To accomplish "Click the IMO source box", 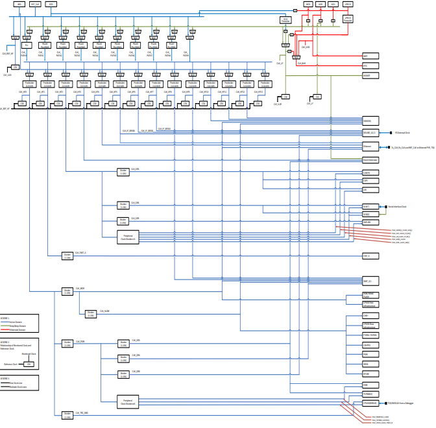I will pos(19,4).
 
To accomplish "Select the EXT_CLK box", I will pos(35,4).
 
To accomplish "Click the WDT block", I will pos(367,56).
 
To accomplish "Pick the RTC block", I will pos(367,65).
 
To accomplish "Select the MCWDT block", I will pos(367,75).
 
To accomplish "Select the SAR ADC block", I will pos(367,222).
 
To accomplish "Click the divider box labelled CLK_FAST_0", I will pos(67,256).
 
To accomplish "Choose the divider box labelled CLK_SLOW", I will pos(91,314).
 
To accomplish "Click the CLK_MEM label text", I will pos(80,288).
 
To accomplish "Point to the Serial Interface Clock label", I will pos(397,207).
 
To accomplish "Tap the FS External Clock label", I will pos(403,133).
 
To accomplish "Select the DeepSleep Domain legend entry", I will pos(20,326).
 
